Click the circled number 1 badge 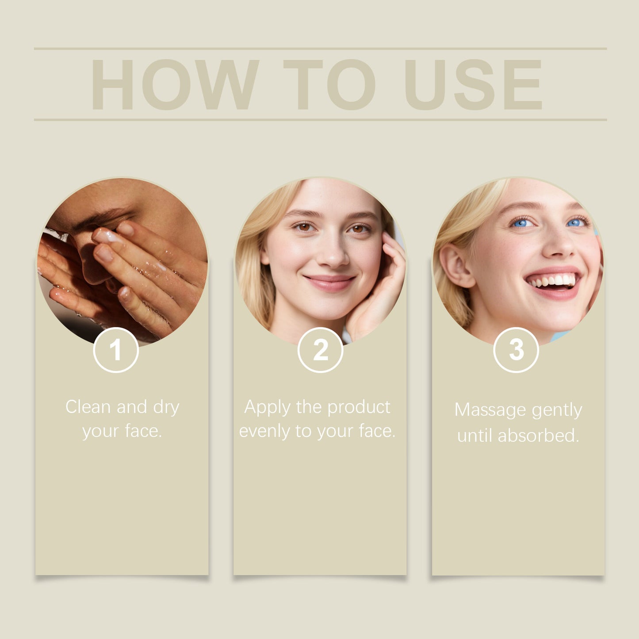click(116, 350)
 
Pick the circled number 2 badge click(321, 350)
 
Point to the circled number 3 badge click(516, 350)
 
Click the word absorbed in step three click(538, 436)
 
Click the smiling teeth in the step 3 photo click(553, 281)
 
